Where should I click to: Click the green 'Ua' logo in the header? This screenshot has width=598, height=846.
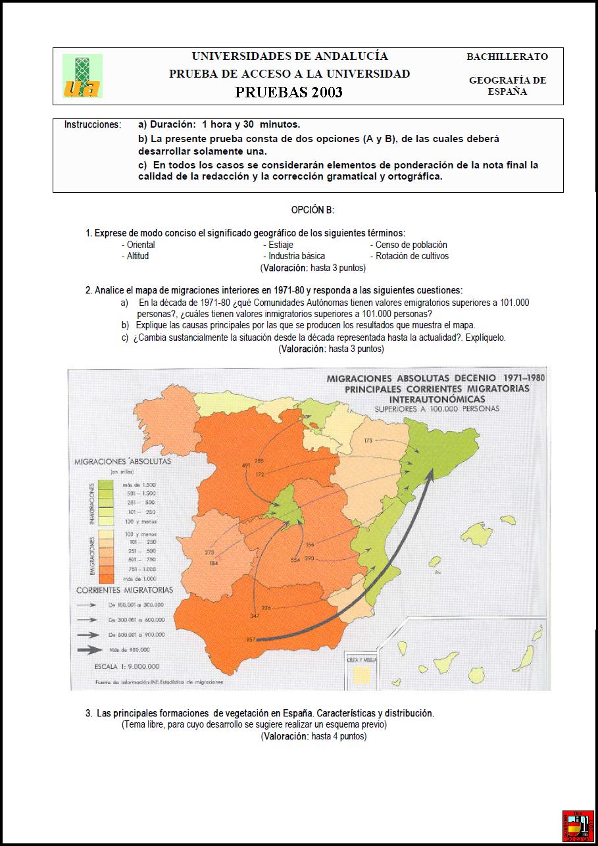pyautogui.click(x=82, y=76)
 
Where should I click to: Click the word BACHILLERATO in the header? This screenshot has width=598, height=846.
pyautogui.click(x=507, y=57)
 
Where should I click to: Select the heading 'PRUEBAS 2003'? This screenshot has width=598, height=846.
pyautogui.click(x=289, y=92)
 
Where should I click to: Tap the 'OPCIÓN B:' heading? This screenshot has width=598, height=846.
pyautogui.click(x=313, y=210)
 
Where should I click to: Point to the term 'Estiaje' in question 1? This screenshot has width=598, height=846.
pyautogui.click(x=281, y=245)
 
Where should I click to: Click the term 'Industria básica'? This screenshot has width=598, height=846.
pyautogui.click(x=296, y=256)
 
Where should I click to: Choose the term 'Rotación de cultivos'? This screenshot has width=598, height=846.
pyautogui.click(x=412, y=256)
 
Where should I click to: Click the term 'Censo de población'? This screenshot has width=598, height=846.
pyautogui.click(x=411, y=245)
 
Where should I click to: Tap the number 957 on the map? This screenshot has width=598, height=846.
pyautogui.click(x=250, y=639)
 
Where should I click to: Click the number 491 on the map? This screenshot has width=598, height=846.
pyautogui.click(x=247, y=466)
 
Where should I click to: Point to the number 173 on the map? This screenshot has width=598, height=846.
pyautogui.click(x=368, y=440)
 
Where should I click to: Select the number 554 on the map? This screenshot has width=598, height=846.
pyautogui.click(x=295, y=559)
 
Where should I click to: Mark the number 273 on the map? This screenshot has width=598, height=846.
pyautogui.click(x=210, y=552)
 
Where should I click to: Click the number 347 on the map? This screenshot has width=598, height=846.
pyautogui.click(x=255, y=615)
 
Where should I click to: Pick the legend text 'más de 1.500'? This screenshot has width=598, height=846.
pyautogui.click(x=136, y=484)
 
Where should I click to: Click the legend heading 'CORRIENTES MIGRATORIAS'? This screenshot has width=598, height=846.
pyautogui.click(x=125, y=590)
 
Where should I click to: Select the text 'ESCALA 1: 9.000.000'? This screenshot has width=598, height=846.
pyautogui.click(x=126, y=666)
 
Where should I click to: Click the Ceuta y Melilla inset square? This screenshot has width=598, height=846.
pyautogui.click(x=360, y=675)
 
